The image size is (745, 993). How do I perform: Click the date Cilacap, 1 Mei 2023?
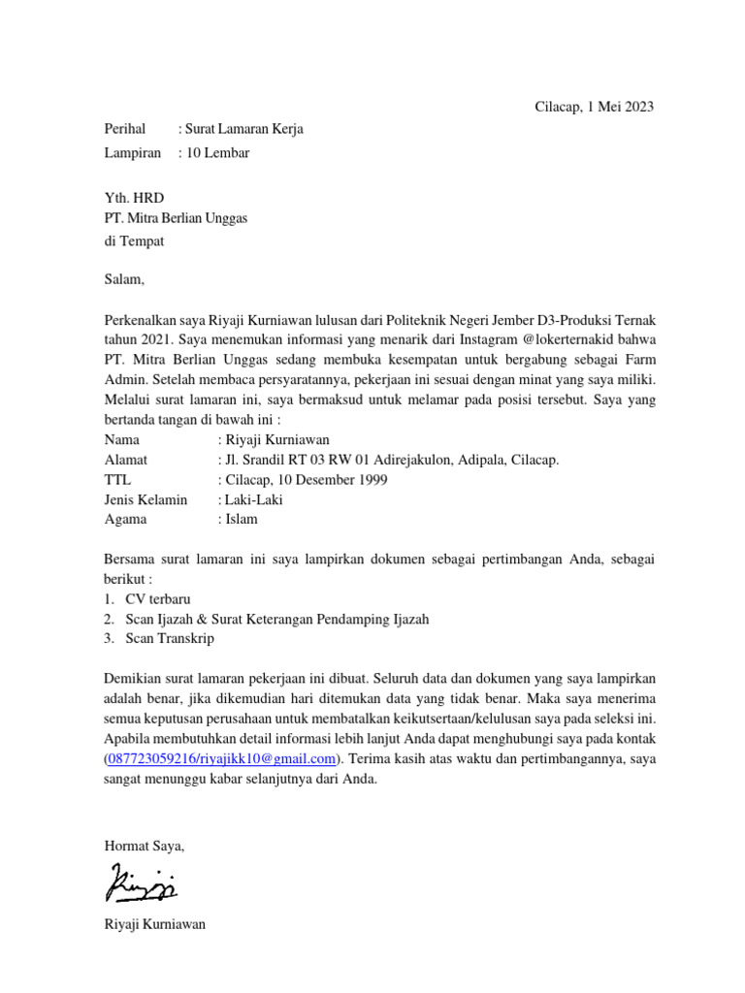(x=595, y=107)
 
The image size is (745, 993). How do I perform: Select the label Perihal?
(x=124, y=129)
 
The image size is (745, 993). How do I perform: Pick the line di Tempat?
(x=134, y=241)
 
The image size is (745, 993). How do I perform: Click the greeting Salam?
(x=123, y=280)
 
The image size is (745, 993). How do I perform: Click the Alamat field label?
(x=126, y=460)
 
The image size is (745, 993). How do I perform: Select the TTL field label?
(x=117, y=479)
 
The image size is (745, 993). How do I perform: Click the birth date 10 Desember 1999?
(x=331, y=479)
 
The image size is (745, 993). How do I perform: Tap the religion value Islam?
(x=242, y=519)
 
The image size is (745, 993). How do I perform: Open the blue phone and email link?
(x=222, y=758)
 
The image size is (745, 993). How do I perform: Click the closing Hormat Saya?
(x=144, y=846)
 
